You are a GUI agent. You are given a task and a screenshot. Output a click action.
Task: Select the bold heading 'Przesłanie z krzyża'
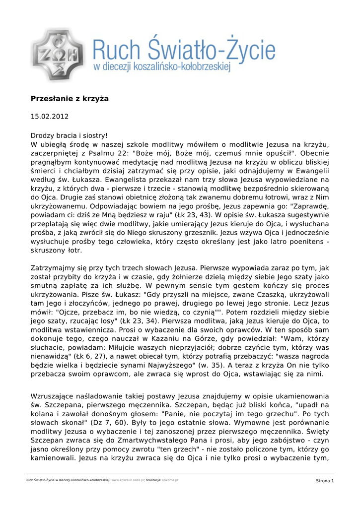(70, 99)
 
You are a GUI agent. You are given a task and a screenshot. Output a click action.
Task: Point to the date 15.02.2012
(50, 117)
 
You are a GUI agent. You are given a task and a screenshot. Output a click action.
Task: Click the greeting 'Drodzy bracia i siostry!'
(69, 135)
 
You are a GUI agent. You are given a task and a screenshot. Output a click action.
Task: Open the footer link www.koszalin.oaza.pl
(128, 481)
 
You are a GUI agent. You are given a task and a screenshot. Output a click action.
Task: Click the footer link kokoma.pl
(170, 481)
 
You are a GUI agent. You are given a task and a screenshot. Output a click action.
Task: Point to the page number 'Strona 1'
(325, 481)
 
